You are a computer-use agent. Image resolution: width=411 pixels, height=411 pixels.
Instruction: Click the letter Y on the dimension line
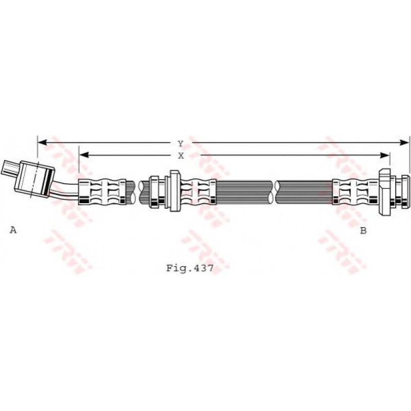pos(180,144)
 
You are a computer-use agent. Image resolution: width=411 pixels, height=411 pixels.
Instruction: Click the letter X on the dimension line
pos(181,155)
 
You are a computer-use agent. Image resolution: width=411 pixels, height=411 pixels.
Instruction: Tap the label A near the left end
pos(13,230)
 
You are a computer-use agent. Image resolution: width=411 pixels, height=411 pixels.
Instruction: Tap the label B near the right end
pos(363,230)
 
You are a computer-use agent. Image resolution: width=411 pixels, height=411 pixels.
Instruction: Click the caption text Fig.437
pos(190,268)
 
